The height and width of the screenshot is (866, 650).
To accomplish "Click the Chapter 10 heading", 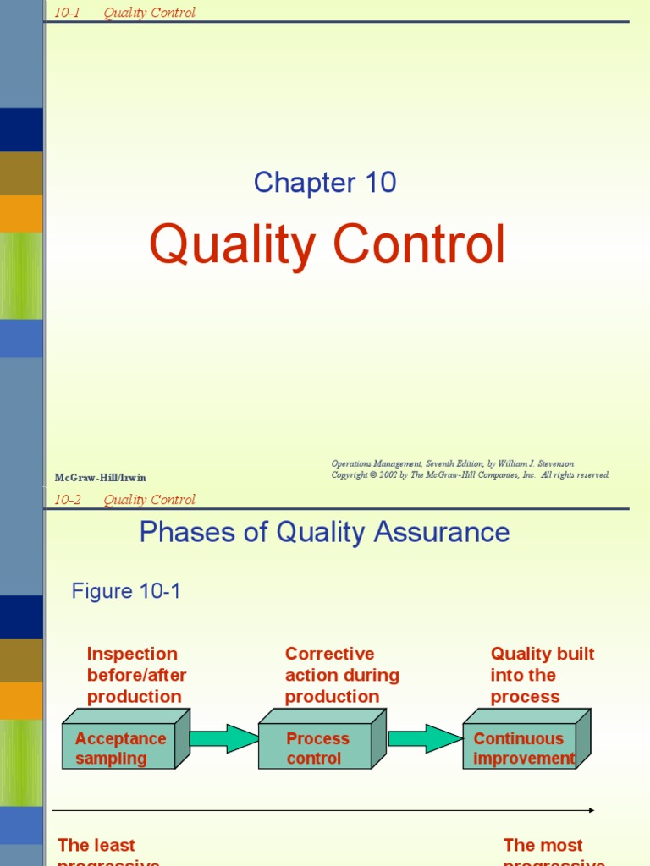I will click(325, 183).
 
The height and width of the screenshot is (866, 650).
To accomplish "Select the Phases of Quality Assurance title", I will click(324, 532).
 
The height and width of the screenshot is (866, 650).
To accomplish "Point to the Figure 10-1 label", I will click(126, 591).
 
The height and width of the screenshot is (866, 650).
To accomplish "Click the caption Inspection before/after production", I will click(136, 675).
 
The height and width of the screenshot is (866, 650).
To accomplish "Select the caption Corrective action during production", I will click(342, 675).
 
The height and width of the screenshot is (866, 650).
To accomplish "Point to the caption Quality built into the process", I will click(542, 675).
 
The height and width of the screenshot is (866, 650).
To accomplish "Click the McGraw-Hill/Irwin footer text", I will click(101, 478).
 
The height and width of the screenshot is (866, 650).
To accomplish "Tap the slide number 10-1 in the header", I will click(67, 13).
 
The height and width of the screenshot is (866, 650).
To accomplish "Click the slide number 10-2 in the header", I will click(67, 500).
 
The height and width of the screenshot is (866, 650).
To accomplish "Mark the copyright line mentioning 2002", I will click(470, 475).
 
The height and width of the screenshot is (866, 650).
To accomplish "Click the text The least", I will click(96, 845).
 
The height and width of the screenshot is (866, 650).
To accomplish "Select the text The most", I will click(543, 845).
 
